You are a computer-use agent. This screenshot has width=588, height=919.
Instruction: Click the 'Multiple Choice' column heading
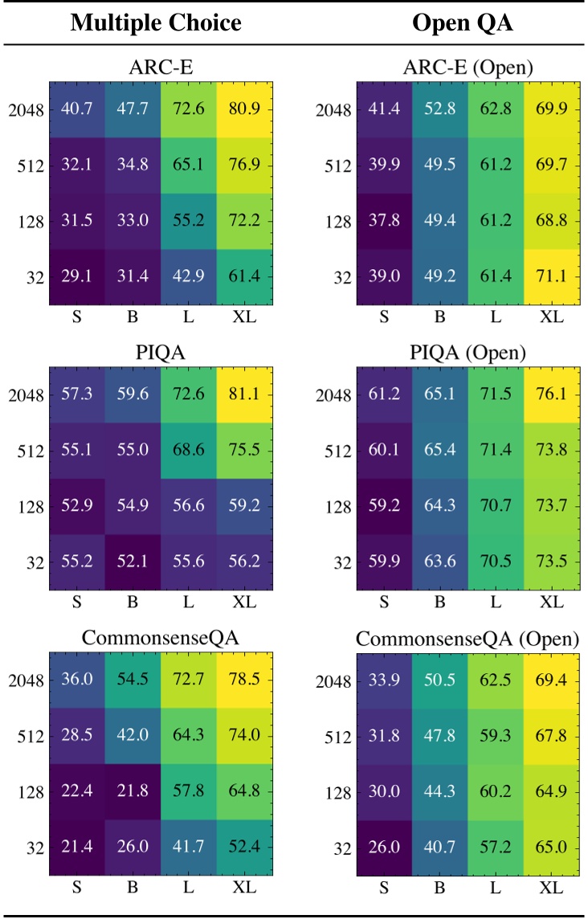tap(156, 22)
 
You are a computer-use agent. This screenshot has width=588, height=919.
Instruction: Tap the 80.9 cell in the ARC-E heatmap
tap(244, 108)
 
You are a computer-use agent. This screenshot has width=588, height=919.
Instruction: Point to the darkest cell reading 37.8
tap(384, 221)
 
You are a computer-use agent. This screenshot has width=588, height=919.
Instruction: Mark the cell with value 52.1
tap(133, 563)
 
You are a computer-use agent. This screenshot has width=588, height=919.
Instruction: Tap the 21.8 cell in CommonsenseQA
tap(133, 792)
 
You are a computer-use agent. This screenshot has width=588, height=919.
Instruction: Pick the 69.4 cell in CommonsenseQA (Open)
tap(550, 680)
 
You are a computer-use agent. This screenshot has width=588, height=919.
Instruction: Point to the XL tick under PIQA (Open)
tap(550, 602)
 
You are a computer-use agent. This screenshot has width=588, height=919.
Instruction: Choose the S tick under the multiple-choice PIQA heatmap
tap(78, 602)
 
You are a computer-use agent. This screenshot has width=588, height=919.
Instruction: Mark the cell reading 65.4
tap(439, 451)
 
